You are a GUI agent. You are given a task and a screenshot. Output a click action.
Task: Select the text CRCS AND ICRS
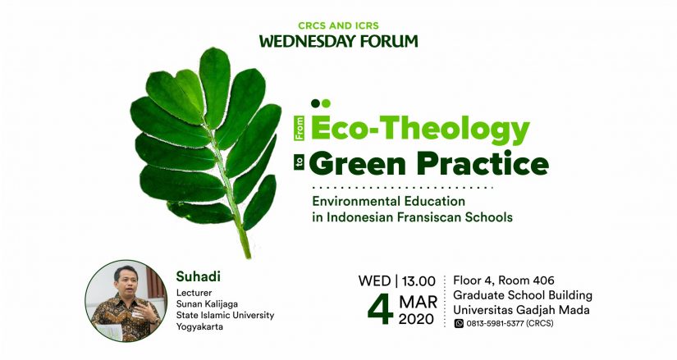pos(338,26)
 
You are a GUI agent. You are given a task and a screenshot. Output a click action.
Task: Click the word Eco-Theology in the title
pos(419,129)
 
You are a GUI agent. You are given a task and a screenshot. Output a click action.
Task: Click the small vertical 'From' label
pos(300,128)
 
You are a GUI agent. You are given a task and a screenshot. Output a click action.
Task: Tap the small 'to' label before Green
pos(300,163)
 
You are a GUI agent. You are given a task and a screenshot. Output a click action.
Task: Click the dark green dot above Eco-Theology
pos(316,103)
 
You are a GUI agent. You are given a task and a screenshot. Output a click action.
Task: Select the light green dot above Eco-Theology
pos(326,103)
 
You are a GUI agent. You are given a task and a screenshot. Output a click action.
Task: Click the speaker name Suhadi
pos(199,276)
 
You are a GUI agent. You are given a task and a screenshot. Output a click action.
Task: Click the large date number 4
pos(381,309)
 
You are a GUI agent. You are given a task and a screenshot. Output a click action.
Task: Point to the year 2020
pos(416,319)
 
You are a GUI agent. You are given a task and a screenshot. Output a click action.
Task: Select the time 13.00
pos(419,281)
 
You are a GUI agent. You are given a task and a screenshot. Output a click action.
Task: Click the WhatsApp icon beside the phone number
pos(459,323)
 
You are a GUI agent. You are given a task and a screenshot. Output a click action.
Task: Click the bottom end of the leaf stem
pos(249,257)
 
